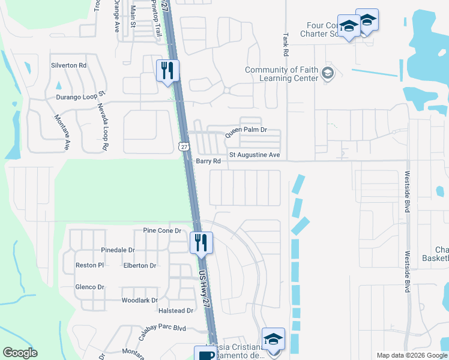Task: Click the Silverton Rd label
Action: pos(69,65)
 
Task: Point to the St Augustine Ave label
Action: pos(254,155)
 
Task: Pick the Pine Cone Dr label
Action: pos(162,230)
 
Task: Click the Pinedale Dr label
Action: pos(118,250)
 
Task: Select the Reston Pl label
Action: pos(89,265)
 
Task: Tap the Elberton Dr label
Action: pos(139,265)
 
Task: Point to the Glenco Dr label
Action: pos(90,287)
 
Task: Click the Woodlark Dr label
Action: pos(139,300)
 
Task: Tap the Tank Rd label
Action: pos(286,41)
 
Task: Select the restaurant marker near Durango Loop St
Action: pos(166,70)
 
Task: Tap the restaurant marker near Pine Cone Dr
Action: pos(200,242)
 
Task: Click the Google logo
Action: pos(20,353)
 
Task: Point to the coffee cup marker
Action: pos(204,354)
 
